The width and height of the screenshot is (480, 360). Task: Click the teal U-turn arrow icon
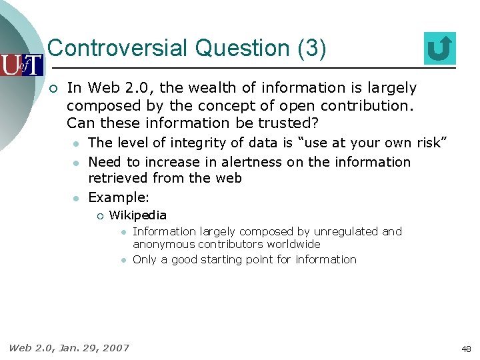[x=440, y=49]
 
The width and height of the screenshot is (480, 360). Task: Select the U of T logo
[x=21, y=65]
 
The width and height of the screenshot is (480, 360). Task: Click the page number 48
[x=466, y=349]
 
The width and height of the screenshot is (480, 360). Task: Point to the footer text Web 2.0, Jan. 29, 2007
[x=69, y=347]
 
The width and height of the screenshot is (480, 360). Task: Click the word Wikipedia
[x=137, y=215]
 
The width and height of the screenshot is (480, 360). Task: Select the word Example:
[x=119, y=197]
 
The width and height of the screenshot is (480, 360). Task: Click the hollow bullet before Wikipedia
[x=97, y=215]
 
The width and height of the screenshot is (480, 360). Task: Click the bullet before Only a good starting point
[x=123, y=260]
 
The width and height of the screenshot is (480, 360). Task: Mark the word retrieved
[x=118, y=178]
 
